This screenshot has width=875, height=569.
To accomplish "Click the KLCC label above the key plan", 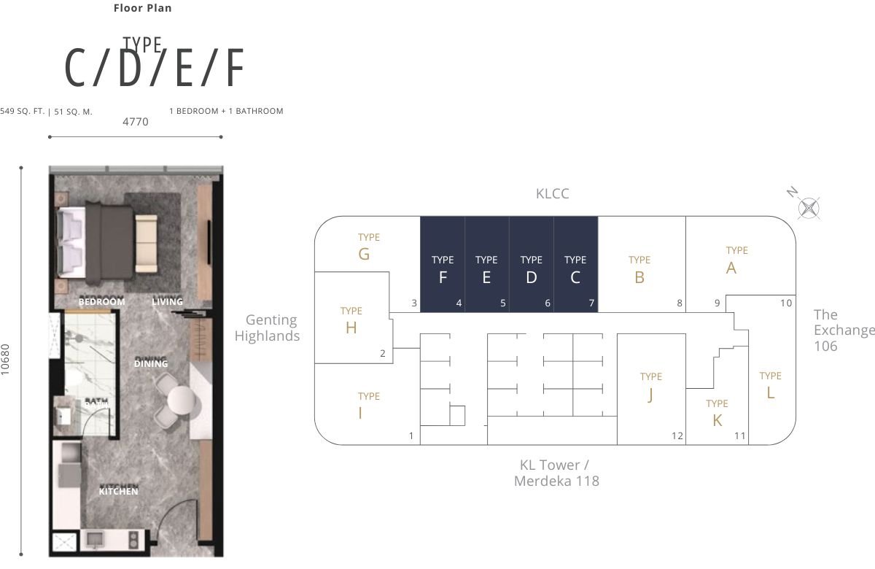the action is [553, 194].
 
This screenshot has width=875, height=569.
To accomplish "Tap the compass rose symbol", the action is [809, 208].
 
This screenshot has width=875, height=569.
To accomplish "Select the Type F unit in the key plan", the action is [443, 264].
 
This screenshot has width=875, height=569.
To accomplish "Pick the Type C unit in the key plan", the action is [575, 264].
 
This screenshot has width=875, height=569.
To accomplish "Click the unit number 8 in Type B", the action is [680, 303].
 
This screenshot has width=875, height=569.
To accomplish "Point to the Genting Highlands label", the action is [267, 328].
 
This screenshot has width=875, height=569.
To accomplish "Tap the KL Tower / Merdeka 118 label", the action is [556, 473].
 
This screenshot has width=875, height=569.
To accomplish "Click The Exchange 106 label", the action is [844, 330].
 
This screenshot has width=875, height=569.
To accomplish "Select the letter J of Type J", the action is [650, 395].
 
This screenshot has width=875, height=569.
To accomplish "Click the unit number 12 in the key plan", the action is [677, 436].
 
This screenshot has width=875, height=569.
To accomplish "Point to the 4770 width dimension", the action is [136, 122].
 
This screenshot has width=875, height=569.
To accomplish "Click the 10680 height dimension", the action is [5, 360].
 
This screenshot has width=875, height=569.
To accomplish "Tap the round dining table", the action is [182, 400].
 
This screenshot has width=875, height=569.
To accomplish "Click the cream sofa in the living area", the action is [147, 243].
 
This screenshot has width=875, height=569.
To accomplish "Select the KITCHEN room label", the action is [118, 491].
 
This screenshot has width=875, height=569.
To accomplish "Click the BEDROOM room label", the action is [102, 302].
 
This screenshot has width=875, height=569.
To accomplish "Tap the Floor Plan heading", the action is [143, 8].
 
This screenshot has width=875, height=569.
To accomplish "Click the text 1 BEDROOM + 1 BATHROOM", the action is [226, 112].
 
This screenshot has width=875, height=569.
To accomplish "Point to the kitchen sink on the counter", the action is [96, 540].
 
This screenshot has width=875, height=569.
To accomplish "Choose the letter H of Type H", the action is [351, 328].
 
